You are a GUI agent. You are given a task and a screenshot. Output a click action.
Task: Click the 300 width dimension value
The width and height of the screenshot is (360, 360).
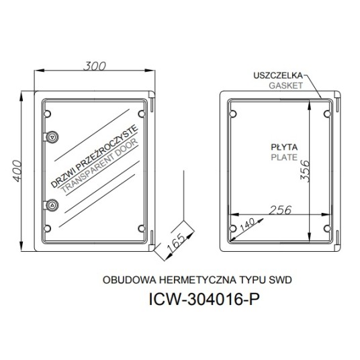point(95,66)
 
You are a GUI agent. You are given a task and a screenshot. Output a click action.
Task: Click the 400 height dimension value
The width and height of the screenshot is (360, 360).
point(17,171)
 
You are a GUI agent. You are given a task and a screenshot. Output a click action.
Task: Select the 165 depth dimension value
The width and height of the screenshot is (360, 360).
point(176,243)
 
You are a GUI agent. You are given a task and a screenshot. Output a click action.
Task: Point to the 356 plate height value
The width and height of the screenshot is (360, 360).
point(305,171)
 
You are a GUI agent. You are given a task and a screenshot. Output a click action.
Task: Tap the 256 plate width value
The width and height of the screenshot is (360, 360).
point(280,210)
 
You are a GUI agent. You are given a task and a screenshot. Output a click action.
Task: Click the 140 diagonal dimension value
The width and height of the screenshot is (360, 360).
point(247,224)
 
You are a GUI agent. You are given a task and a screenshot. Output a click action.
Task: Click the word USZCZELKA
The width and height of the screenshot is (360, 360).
point(278,75)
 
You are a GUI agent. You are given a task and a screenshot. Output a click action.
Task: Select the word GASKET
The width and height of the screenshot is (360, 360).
point(285,86)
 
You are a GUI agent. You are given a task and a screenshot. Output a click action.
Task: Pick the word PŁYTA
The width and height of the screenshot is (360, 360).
point(284,147)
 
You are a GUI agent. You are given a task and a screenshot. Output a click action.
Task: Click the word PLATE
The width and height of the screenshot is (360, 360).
point(284,157)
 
